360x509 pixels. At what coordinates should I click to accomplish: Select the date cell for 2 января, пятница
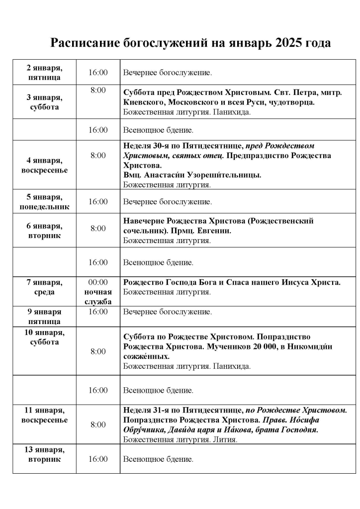pyautogui.click(x=44, y=73)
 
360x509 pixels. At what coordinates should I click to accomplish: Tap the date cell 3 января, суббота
pyautogui.click(x=44, y=102)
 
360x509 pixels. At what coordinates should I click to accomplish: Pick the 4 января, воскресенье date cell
pyautogui.click(x=44, y=165)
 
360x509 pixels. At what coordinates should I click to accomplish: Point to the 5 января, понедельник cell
pyautogui.click(x=44, y=202)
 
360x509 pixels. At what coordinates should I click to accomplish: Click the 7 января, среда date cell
pyautogui.click(x=44, y=287)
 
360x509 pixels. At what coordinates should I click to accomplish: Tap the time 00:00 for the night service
pyautogui.click(x=98, y=282)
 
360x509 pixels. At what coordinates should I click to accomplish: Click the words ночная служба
pyautogui.click(x=98, y=297)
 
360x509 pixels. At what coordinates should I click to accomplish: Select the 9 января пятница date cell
pyautogui.click(x=44, y=316)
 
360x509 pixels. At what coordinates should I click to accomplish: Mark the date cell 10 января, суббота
pyautogui.click(x=44, y=337)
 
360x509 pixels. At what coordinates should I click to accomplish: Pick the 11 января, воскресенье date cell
pyautogui.click(x=44, y=415)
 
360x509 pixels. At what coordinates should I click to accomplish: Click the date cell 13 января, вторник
pyautogui.click(x=44, y=454)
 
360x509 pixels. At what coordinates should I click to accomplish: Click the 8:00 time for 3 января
pyautogui.click(x=98, y=90)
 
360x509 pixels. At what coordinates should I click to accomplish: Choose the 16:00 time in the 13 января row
pyautogui.click(x=98, y=459)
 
